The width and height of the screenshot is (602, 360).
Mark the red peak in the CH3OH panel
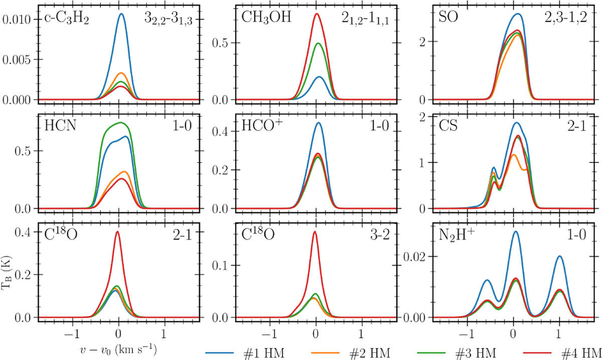pos(317,14)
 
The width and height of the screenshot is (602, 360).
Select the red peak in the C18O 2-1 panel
pos(117,232)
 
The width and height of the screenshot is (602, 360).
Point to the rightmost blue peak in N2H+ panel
pos(559,256)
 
